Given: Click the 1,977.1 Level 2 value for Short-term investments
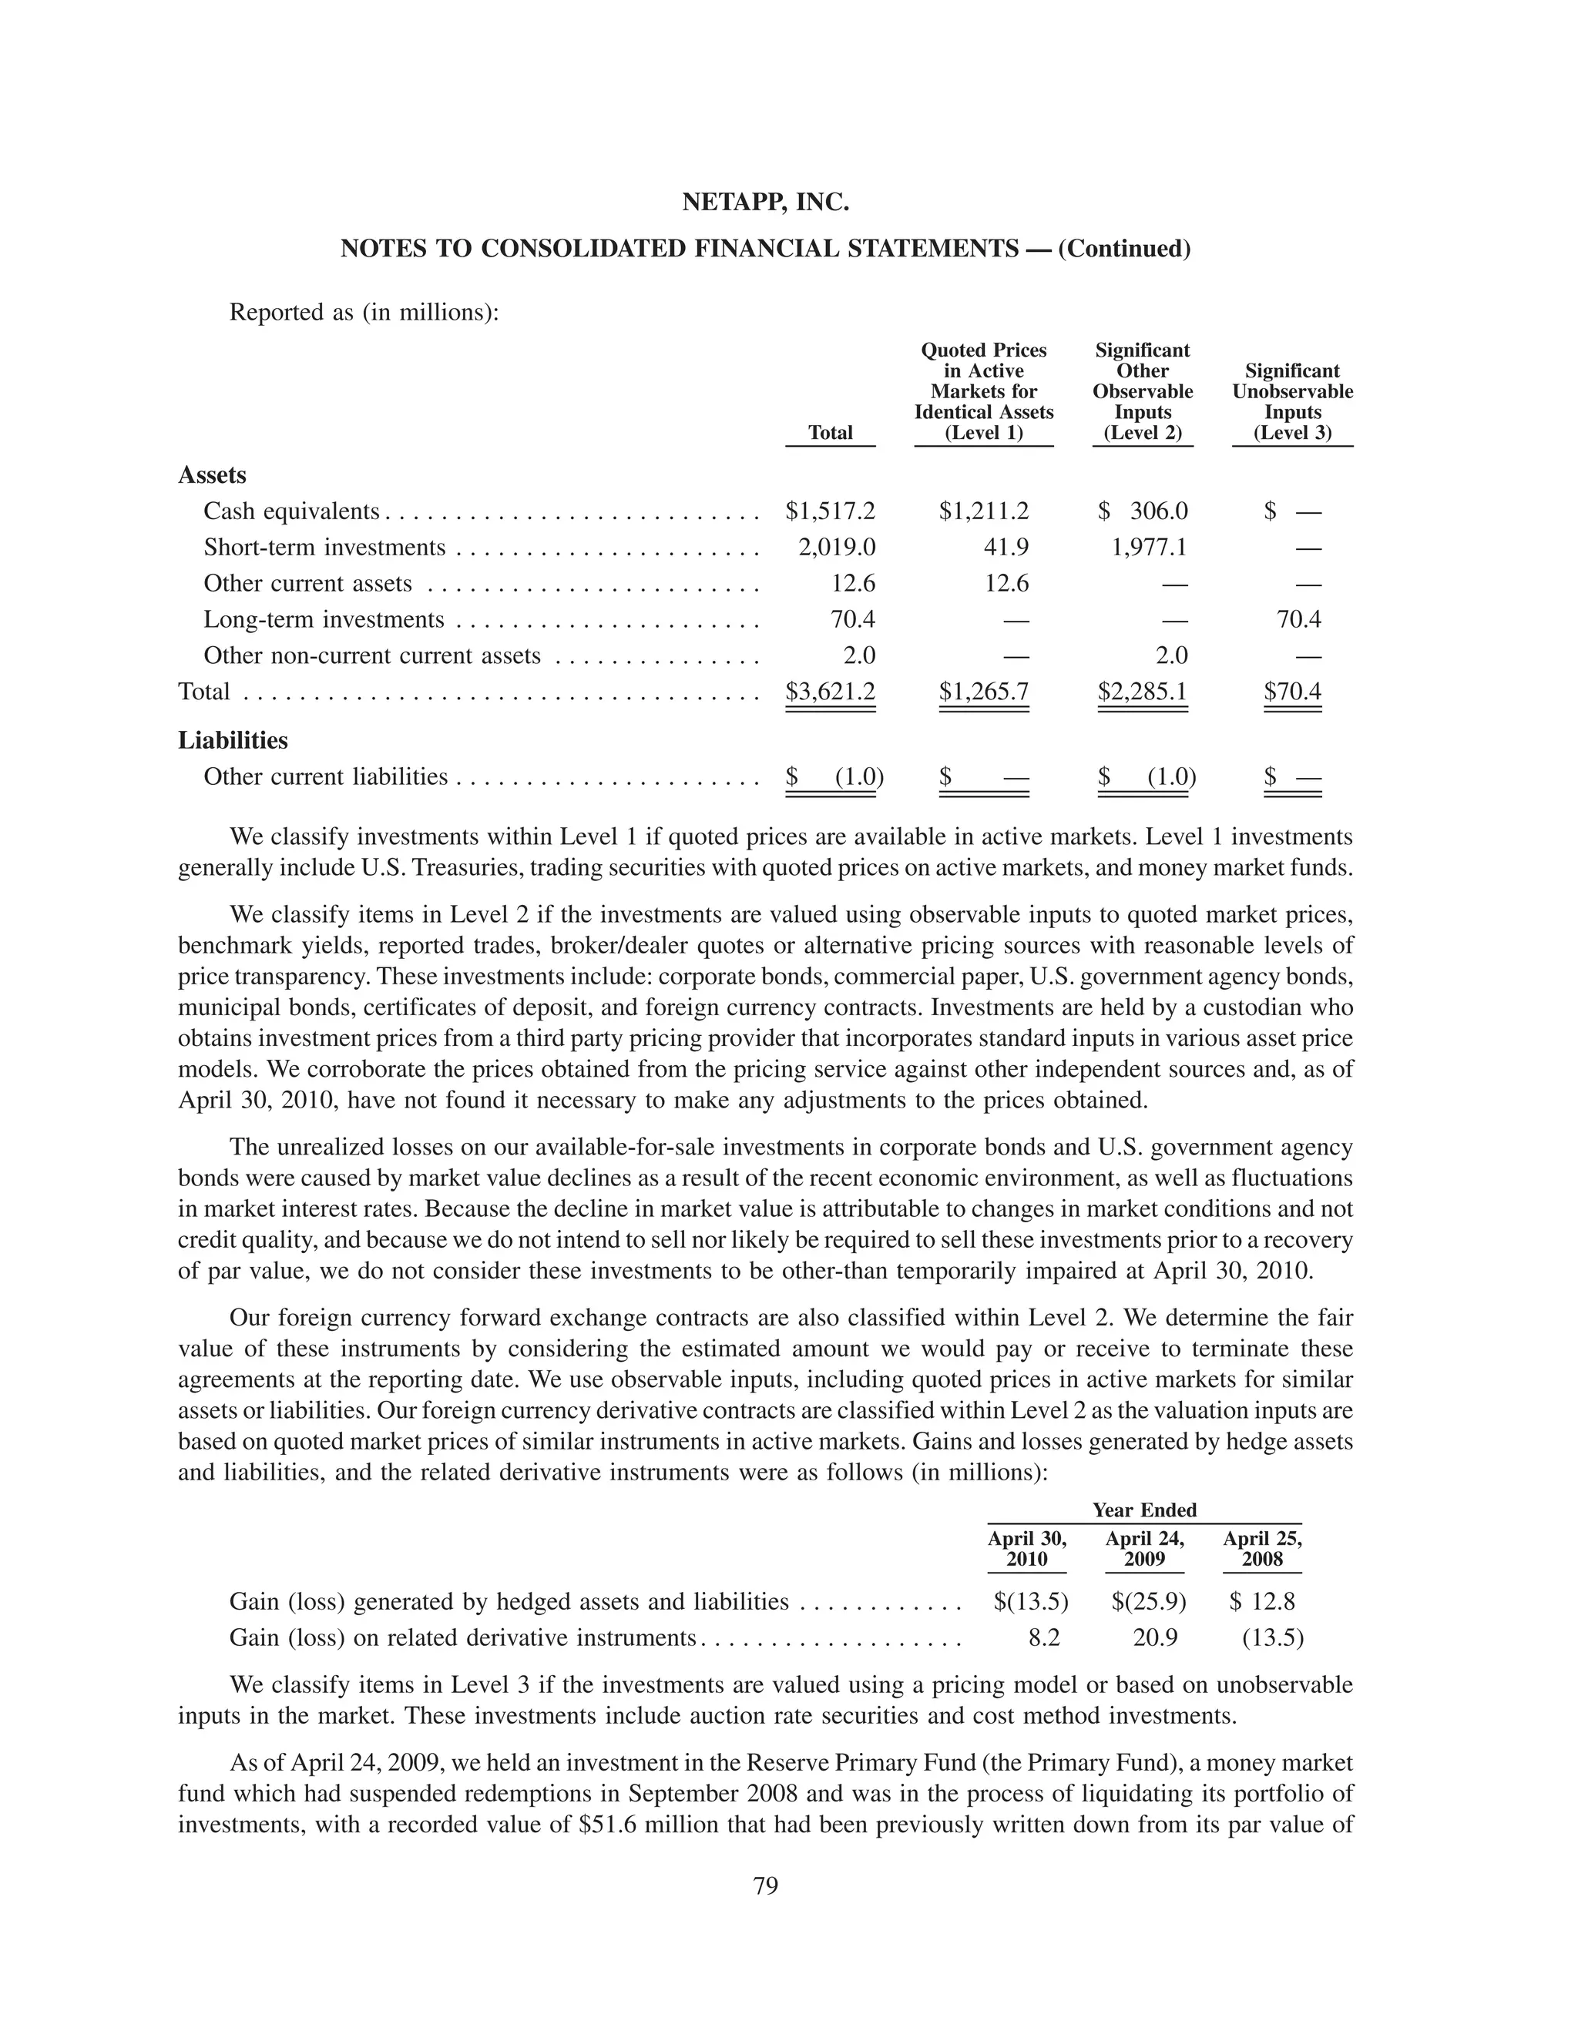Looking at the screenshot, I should coord(1149,547).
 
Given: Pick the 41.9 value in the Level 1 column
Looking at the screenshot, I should coord(1006,547).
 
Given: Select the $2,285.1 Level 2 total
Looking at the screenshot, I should coord(1143,692).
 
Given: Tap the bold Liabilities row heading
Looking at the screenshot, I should coord(233,740).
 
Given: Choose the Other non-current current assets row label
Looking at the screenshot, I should coord(372,656).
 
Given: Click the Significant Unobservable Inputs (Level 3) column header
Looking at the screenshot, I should coord(1292,402).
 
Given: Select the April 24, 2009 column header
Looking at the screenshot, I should coord(1144,1549).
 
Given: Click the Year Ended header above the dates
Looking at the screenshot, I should coord(1144,1510).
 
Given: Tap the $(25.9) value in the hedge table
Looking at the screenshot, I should coord(1148,1603).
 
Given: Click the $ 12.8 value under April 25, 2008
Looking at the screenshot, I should coord(1262,1603).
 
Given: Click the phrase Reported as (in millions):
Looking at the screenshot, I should coord(364,312).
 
